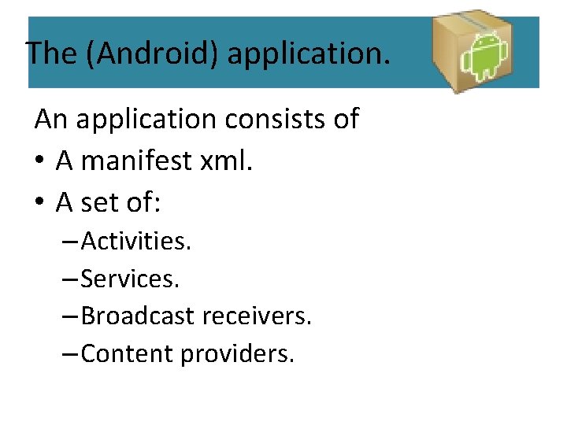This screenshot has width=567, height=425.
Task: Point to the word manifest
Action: [x=139, y=161]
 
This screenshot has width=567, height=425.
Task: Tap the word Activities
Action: [x=135, y=241]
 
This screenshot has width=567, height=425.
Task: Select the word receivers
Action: [x=257, y=316]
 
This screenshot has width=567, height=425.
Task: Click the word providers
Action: [x=237, y=354]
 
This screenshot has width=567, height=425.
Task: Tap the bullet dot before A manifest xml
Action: [x=40, y=162]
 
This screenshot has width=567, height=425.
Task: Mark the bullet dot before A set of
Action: [x=40, y=204]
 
